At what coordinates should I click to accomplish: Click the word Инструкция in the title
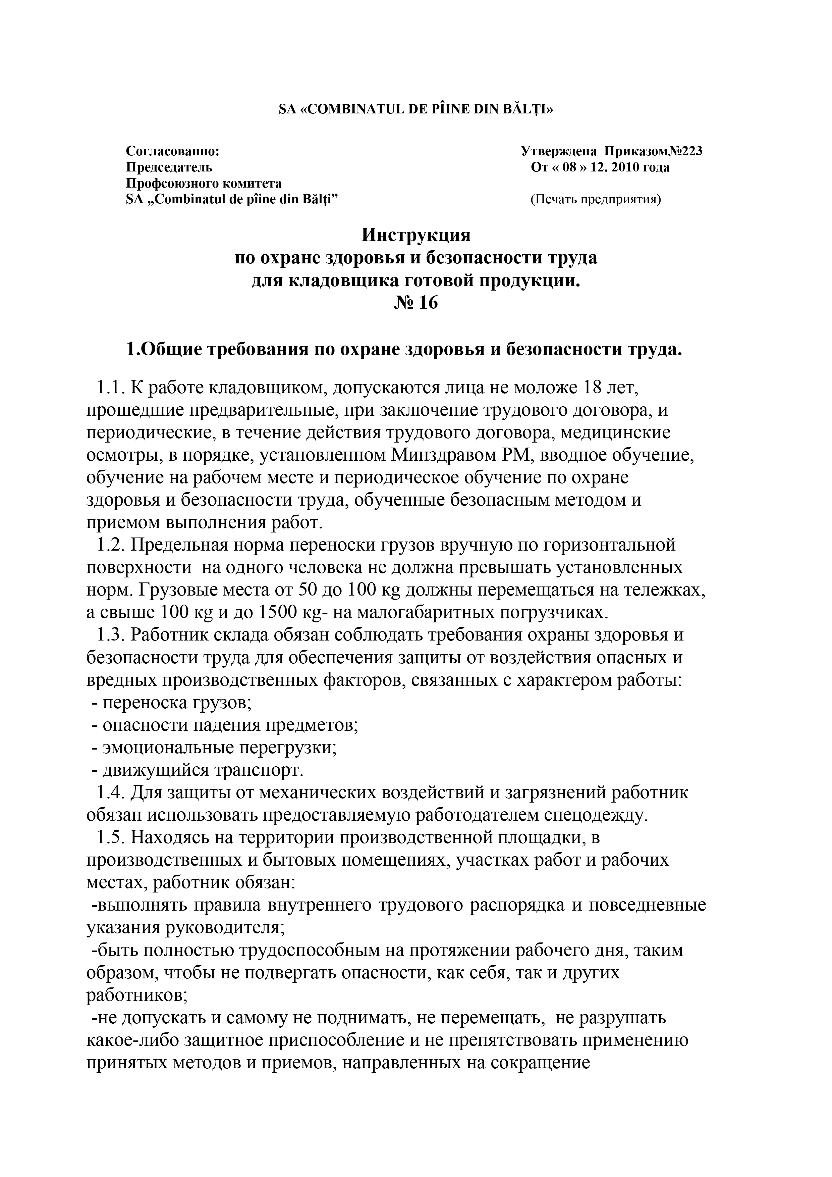[x=416, y=235]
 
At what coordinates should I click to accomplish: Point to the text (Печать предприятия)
[x=595, y=199]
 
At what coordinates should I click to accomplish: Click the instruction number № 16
[x=416, y=303]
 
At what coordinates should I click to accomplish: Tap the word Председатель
[x=169, y=168]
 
